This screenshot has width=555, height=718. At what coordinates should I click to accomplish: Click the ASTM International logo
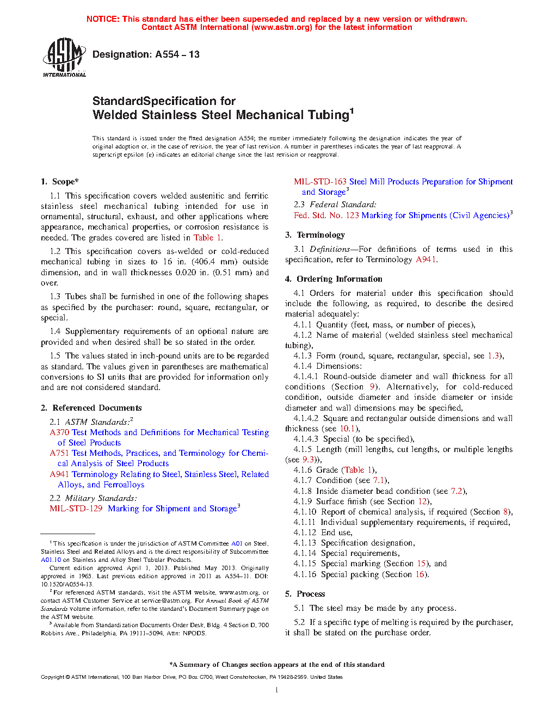[x=64, y=57]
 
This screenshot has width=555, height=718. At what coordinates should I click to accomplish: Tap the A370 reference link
[x=59, y=432]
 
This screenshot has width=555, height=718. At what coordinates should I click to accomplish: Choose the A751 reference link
[x=59, y=453]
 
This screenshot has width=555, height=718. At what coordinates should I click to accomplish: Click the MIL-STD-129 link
[x=76, y=509]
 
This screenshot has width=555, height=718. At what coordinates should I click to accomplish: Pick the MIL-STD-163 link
[x=320, y=182]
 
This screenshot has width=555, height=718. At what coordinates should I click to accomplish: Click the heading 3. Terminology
[x=315, y=235]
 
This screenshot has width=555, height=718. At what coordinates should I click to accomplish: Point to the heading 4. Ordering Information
[x=334, y=279]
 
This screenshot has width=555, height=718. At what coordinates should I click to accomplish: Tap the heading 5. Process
[x=305, y=594]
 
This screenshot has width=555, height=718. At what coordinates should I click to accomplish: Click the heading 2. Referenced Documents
[x=91, y=408]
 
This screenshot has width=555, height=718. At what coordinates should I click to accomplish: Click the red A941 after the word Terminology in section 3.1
[x=425, y=259]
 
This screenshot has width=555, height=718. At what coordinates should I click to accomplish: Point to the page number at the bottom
[x=277, y=690]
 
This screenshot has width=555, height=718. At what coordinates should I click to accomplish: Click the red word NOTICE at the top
[x=103, y=19]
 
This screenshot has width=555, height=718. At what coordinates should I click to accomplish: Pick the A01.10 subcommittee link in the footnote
[x=51, y=560]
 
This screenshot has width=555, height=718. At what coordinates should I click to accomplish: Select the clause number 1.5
[x=55, y=356]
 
